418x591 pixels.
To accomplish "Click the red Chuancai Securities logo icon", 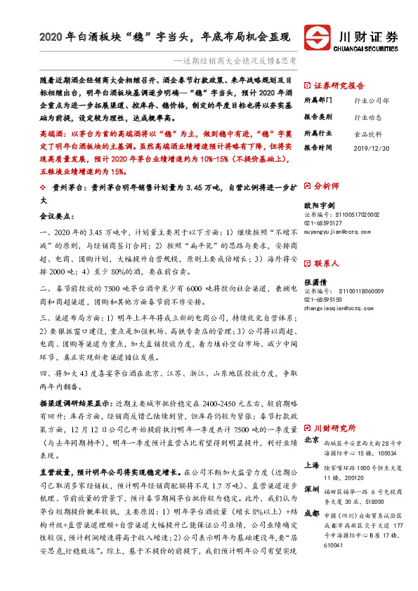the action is click(x=316, y=37).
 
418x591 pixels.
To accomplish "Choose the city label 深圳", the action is click(x=312, y=489).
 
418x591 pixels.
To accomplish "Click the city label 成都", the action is click(x=312, y=513).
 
